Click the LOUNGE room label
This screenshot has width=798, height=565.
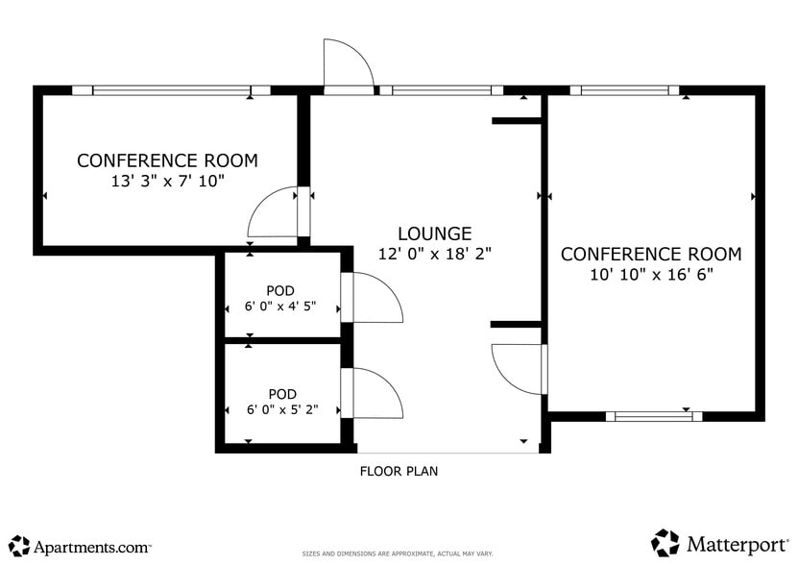pos(434,233)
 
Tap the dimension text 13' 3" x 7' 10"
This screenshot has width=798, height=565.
pos(167,181)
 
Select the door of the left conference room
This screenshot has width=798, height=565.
pos(276,213)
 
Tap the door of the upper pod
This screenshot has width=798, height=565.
pos(374,298)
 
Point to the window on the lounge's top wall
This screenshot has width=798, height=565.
pos(441,90)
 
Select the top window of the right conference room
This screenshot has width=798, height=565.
pos(624,90)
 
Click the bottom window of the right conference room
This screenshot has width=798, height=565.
pos(653,416)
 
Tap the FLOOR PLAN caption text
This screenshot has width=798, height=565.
pos(399,471)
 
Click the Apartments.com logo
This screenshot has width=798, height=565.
pos(81,546)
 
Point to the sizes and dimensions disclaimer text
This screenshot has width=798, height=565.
pos(398,554)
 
